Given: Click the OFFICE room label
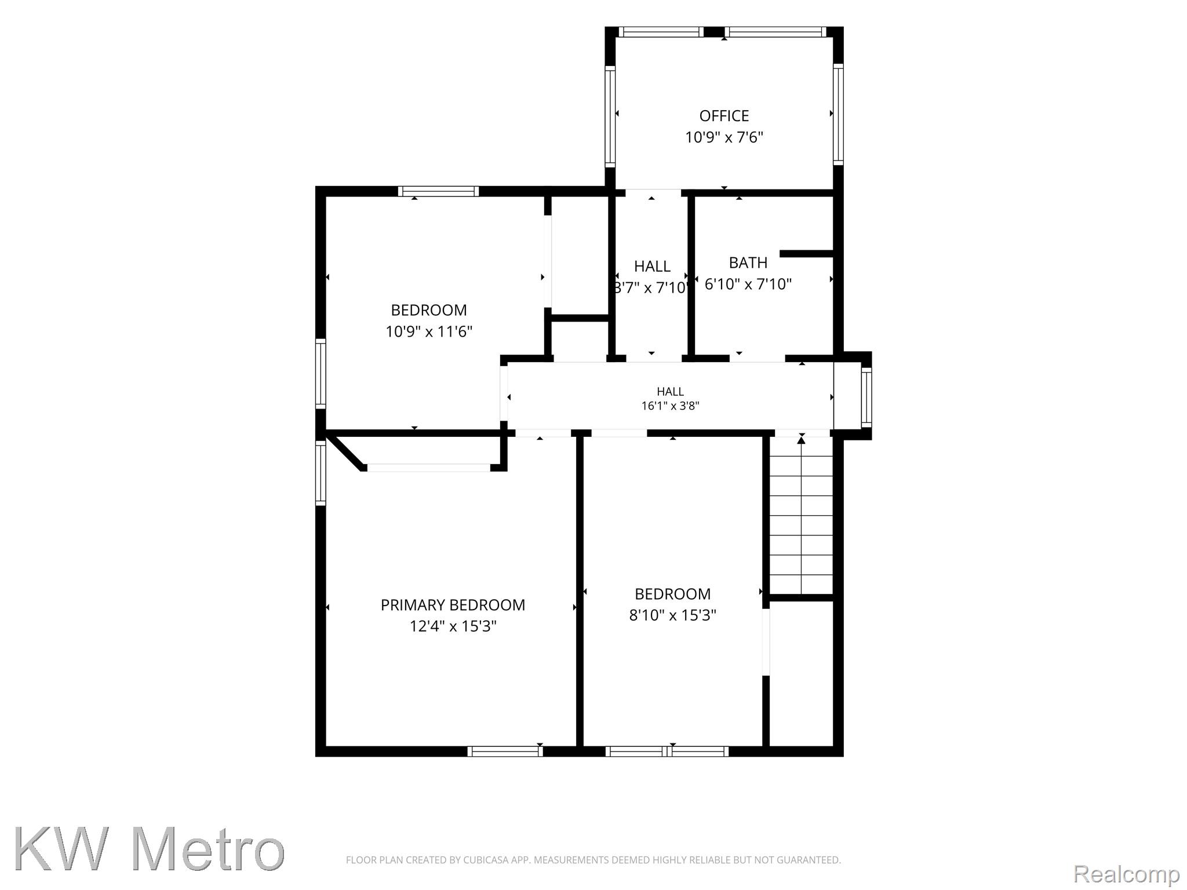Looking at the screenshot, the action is [x=724, y=116].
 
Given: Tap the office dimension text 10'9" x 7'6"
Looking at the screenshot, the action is [x=724, y=137].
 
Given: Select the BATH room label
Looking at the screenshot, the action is [x=748, y=262].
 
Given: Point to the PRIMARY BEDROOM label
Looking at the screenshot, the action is [x=453, y=605].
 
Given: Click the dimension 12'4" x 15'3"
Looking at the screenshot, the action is [x=453, y=626].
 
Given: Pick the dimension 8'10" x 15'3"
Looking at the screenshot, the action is [x=672, y=615].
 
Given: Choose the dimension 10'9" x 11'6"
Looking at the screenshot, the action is [x=429, y=331].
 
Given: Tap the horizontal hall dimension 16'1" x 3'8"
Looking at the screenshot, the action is [x=670, y=406].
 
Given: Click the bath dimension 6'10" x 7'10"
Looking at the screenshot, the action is [x=748, y=284].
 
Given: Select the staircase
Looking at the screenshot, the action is [x=801, y=516].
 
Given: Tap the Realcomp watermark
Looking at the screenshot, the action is [x=1126, y=874].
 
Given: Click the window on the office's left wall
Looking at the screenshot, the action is [x=610, y=116].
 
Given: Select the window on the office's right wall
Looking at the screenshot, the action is [x=838, y=114].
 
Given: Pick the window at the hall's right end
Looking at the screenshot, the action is [x=866, y=397].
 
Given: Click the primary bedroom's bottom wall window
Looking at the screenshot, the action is [x=505, y=752].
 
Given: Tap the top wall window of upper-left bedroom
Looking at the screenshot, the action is [x=438, y=191].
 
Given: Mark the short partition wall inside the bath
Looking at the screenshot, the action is [x=806, y=253].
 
